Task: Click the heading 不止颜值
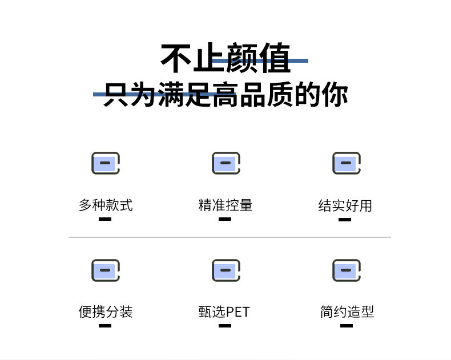tap(226, 59)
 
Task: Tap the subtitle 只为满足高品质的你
tap(226, 94)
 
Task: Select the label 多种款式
tap(106, 205)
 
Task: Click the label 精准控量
tap(226, 205)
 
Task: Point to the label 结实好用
tap(345, 205)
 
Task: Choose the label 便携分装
tap(106, 312)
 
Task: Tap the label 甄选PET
tap(224, 312)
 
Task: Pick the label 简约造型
tap(347, 312)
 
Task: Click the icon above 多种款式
tap(106, 163)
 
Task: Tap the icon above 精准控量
tap(226, 163)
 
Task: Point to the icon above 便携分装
tap(106, 270)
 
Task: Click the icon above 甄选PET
tap(226, 270)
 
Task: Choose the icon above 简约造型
tap(347, 270)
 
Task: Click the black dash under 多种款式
tap(105, 219)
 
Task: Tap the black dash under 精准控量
tap(225, 219)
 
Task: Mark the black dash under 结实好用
tap(345, 219)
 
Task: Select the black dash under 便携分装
tap(105, 326)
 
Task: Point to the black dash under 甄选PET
tap(225, 326)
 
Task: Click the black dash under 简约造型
tap(347, 326)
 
